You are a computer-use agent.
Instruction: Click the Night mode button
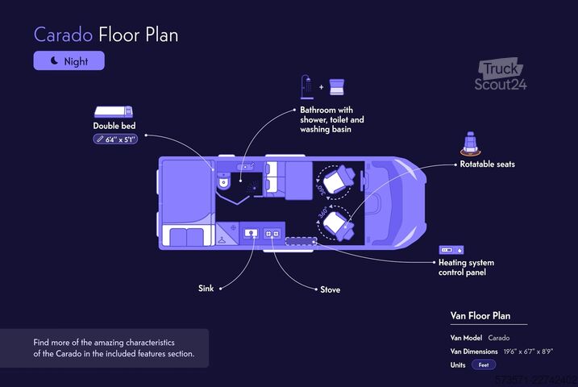pos(69,60)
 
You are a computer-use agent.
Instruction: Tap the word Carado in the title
pos(63,35)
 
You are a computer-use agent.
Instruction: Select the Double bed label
pos(114,126)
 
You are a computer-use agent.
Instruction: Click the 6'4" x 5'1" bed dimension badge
pos(115,139)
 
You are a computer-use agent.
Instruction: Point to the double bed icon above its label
pos(114,112)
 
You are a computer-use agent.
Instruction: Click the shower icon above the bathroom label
pos(307,87)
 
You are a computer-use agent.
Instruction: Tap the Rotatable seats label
pos(488,164)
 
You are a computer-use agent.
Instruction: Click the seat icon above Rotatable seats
pos(470,144)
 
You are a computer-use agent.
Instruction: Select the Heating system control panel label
pos(466,267)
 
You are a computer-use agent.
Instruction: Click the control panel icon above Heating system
pos(451,250)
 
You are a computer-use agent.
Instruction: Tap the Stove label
pos(331,289)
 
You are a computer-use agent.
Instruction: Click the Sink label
pos(206,288)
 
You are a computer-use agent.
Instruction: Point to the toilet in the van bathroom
pos(223,181)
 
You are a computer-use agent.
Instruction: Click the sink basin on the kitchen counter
pos(251,233)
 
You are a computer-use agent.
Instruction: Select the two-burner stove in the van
pos(272,233)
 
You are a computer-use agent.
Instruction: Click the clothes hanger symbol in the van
pos(222,240)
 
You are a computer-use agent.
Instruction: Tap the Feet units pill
pos(484,365)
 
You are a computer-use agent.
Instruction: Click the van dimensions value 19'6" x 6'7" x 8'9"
pos(528,352)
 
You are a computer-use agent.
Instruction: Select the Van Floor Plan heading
pos(480,316)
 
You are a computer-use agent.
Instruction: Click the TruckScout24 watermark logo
pos(501,74)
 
